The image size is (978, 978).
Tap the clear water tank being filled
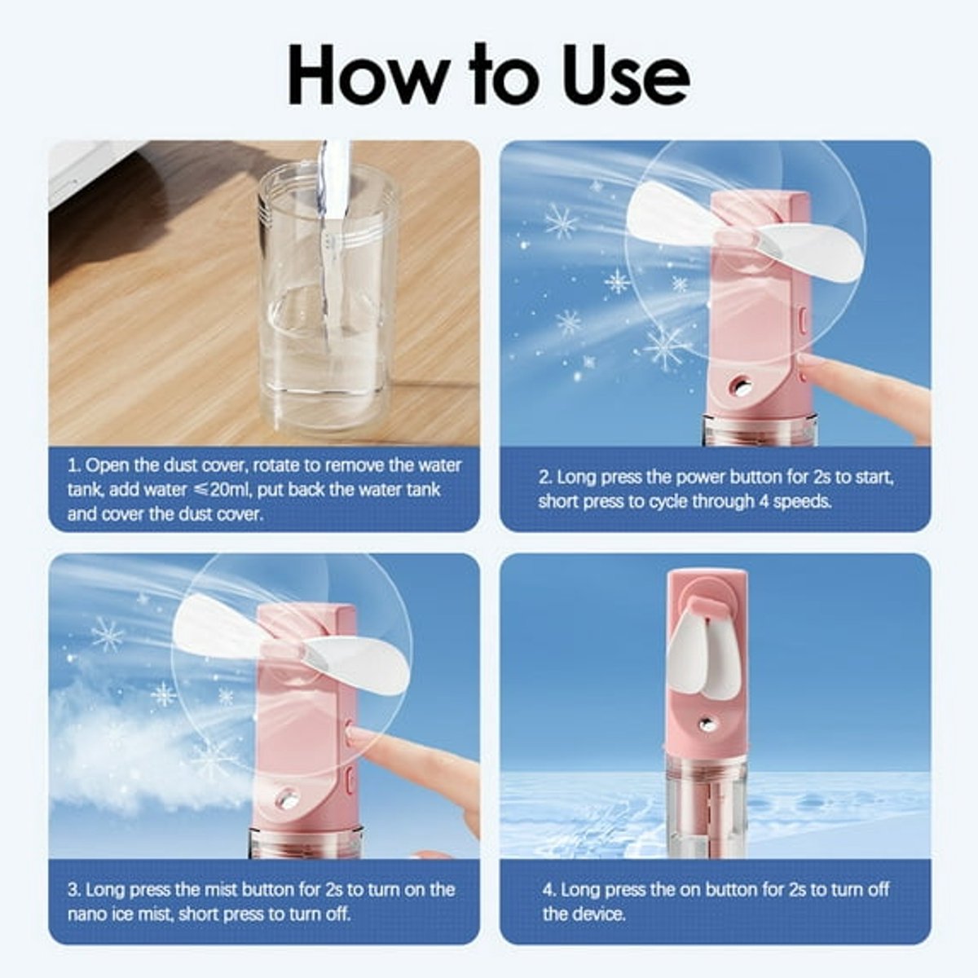click(x=328, y=299)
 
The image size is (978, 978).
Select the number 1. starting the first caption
click(x=74, y=465)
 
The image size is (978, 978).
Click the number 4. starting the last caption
click(x=549, y=889)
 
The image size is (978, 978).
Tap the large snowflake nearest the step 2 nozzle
click(x=667, y=347)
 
